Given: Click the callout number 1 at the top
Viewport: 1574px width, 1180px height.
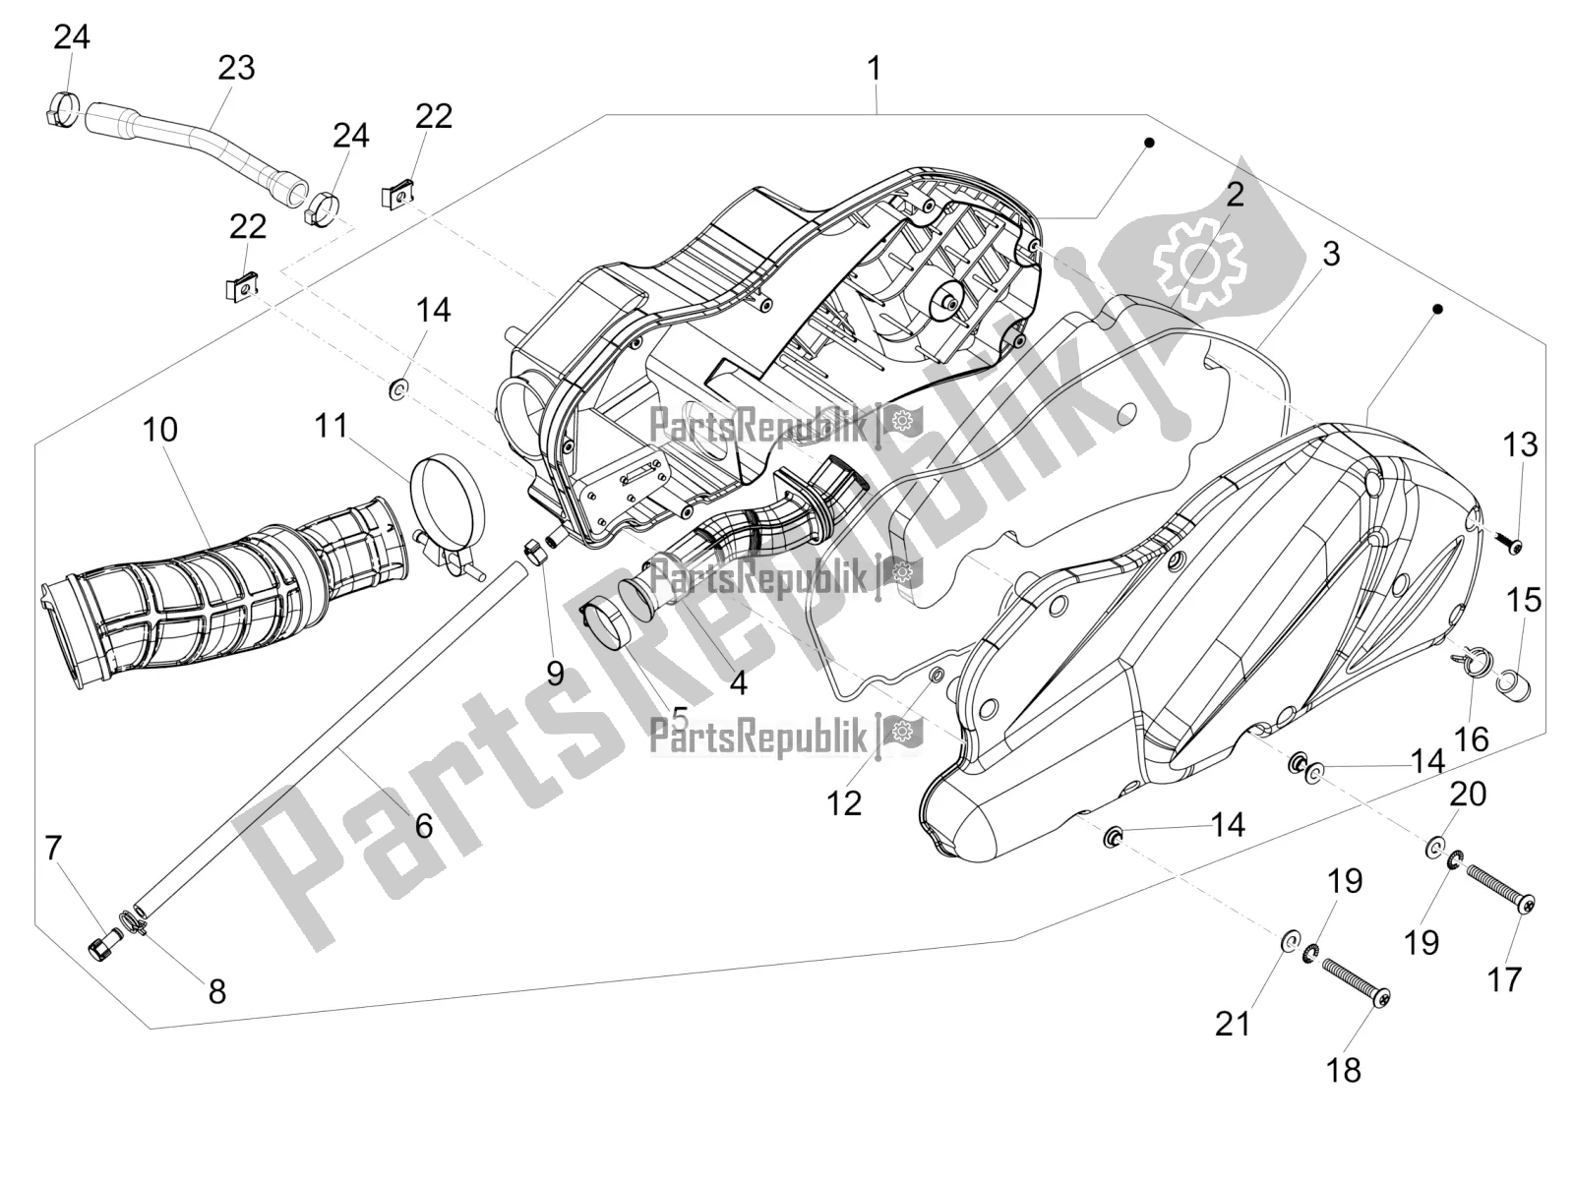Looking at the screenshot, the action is [x=874, y=69].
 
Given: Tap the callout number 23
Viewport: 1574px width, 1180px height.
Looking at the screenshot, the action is [x=236, y=68].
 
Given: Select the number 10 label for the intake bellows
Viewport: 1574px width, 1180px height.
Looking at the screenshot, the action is [x=160, y=430].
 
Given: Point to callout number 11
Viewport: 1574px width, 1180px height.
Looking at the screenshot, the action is [x=332, y=426].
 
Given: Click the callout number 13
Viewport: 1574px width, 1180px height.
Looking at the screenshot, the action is [x=1520, y=444].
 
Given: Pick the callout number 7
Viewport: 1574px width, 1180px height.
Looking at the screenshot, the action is [x=53, y=849].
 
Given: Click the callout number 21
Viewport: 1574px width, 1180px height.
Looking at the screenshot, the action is [x=1233, y=1024].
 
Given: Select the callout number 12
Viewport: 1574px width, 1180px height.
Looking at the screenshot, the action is [x=844, y=803].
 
